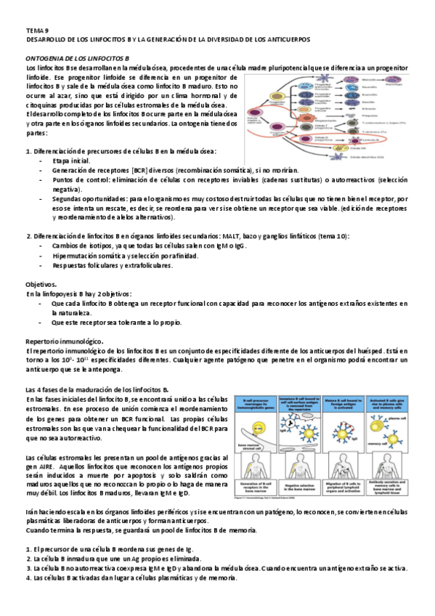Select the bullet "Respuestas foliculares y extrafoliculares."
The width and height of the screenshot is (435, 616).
pos(113,265)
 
